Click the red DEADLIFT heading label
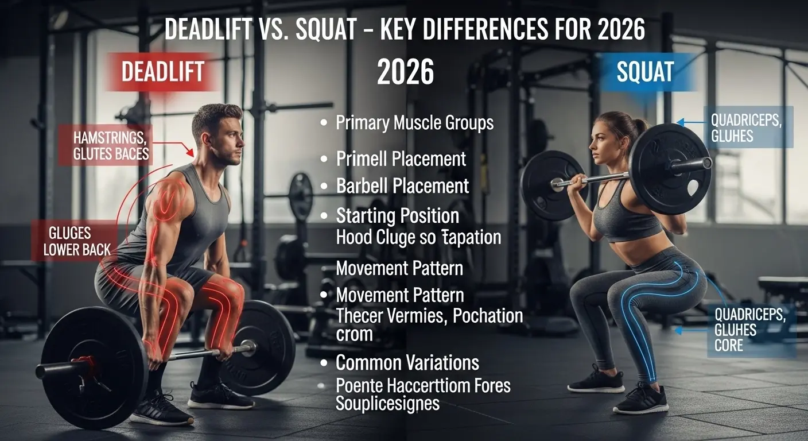click(162, 72)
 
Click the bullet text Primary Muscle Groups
click(414, 123)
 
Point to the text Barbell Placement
click(403, 186)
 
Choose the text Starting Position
click(398, 216)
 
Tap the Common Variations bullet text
click(407, 363)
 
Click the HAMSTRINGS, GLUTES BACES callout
click(111, 145)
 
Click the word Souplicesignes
click(387, 403)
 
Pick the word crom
click(355, 334)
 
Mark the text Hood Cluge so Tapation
click(418, 237)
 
